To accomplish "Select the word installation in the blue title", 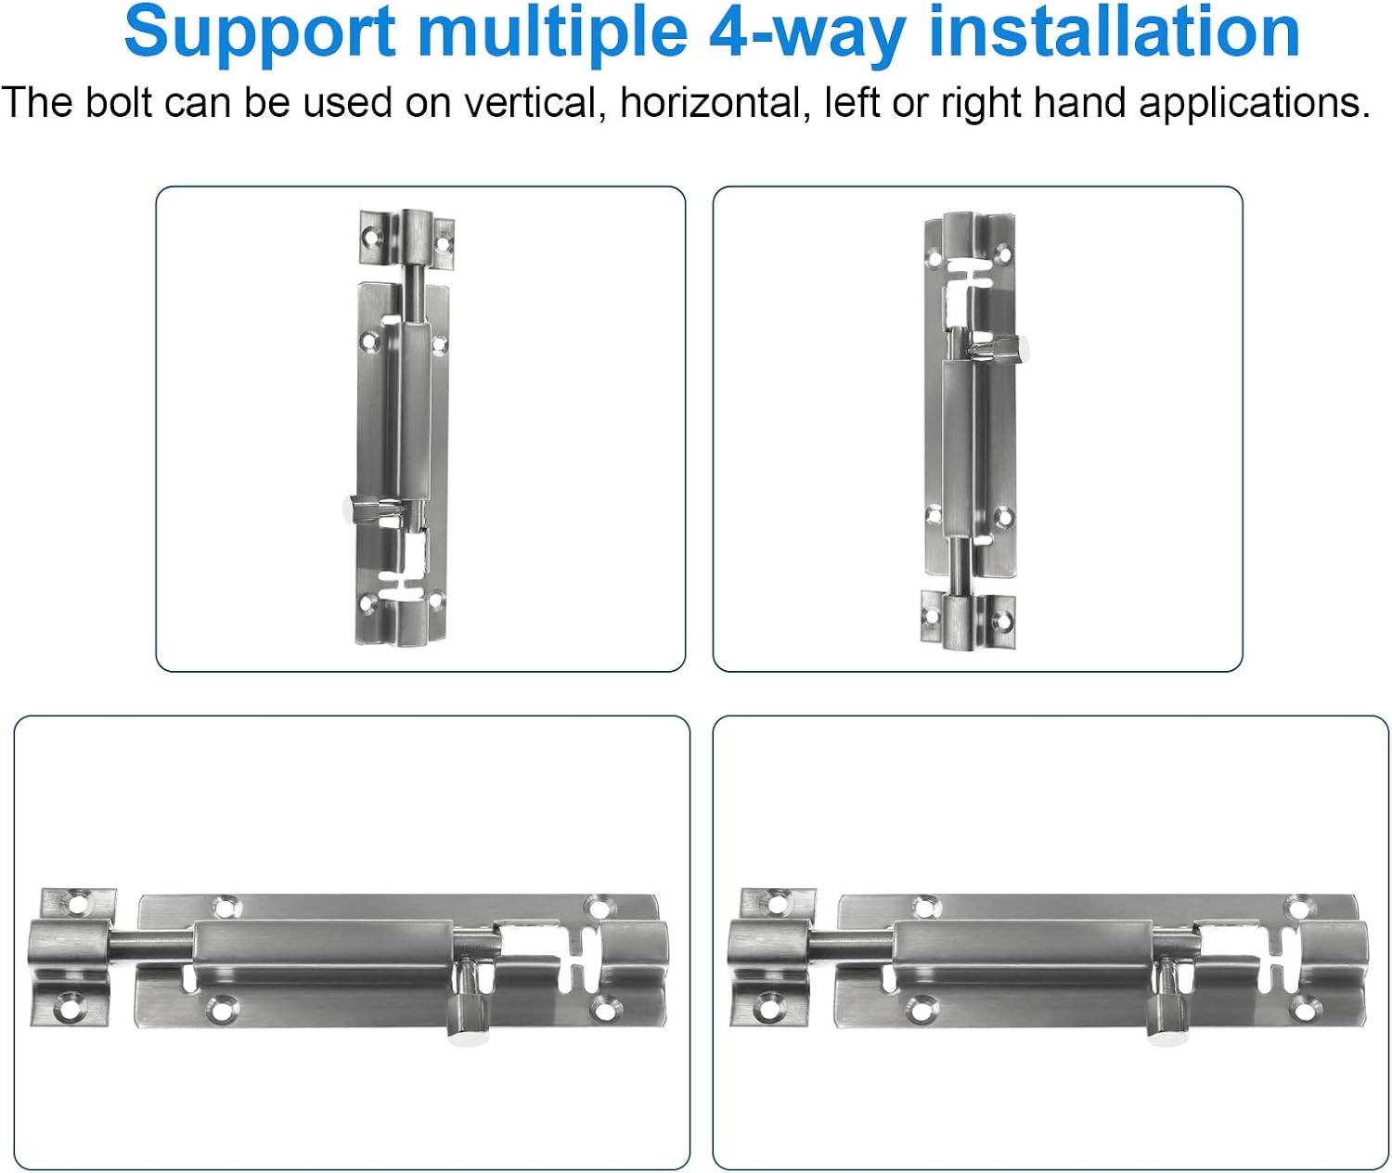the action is (1114, 31).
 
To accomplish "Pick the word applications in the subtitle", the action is (1255, 104).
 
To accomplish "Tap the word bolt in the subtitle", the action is (118, 103).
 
